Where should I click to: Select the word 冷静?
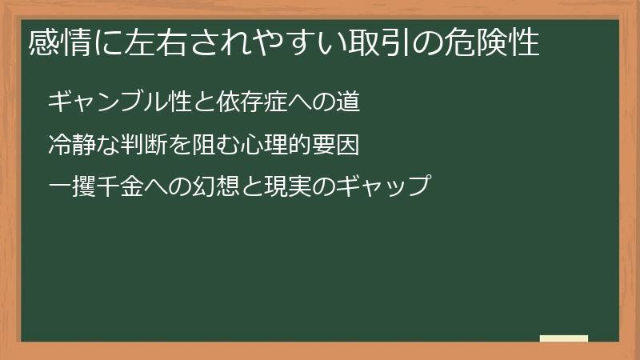pyautogui.click(x=70, y=146)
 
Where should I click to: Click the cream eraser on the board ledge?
pyautogui.click(x=564, y=338)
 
